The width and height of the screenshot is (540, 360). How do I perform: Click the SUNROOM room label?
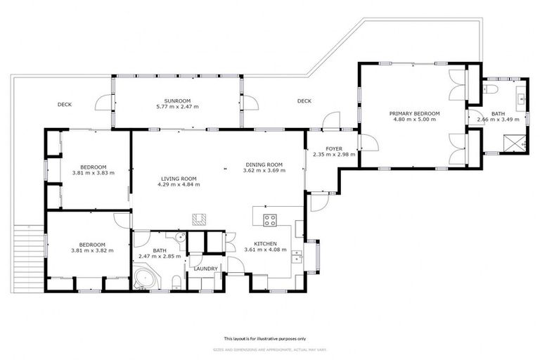[177, 101]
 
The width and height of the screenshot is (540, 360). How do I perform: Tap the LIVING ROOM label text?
[178, 179]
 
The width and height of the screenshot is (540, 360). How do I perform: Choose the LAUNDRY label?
[205, 269]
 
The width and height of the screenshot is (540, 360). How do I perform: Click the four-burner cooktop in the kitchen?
[269, 219]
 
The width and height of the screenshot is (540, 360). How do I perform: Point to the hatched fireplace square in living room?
[200, 219]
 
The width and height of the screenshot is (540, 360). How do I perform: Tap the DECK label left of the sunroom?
[65, 105]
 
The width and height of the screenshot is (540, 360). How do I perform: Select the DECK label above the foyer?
[304, 101]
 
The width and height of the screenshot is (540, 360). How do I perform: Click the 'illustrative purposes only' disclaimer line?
[270, 338]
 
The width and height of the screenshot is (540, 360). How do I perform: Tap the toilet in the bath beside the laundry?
[175, 282]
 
